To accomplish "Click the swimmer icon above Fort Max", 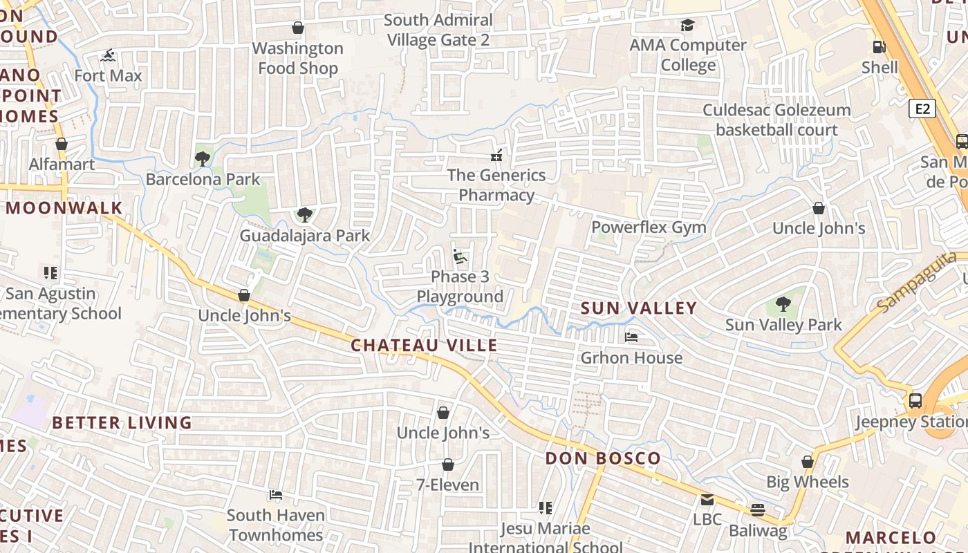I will click(108, 55).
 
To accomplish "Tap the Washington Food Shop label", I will click(298, 58).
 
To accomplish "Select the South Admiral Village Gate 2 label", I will click(438, 30).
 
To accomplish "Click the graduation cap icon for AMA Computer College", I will click(687, 26).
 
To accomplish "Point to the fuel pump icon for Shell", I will click(879, 47).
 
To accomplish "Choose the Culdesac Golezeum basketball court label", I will click(776, 120).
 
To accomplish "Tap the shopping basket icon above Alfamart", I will click(62, 144).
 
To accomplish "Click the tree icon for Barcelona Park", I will click(202, 159).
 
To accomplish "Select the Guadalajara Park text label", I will click(305, 236).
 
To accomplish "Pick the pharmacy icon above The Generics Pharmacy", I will click(496, 155).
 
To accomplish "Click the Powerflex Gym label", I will click(649, 227).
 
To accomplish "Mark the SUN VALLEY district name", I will click(638, 308).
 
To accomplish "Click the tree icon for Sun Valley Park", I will click(783, 304).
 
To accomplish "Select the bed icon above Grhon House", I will click(631, 337).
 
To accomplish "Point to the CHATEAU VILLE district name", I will click(424, 346).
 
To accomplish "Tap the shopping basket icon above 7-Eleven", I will click(447, 465).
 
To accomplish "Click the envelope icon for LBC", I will click(707, 499).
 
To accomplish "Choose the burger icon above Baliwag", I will click(758, 510).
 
